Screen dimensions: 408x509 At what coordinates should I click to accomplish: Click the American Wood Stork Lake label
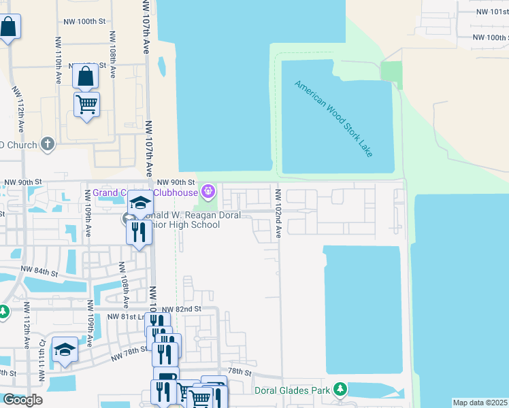click(x=333, y=118)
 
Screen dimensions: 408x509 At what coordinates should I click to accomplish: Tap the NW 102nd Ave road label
click(x=278, y=214)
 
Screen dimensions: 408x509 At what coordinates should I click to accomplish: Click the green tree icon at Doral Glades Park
click(x=340, y=390)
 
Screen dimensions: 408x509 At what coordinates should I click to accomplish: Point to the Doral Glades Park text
click(x=293, y=391)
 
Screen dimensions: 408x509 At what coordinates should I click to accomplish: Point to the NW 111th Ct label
click(x=42, y=352)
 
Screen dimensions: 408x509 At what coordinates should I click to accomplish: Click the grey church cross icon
click(x=47, y=143)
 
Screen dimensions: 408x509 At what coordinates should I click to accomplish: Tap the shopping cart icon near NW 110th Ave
click(x=86, y=105)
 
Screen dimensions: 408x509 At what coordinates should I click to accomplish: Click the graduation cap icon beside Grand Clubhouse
click(x=140, y=202)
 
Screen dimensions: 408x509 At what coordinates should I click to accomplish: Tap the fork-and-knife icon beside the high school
click(x=139, y=232)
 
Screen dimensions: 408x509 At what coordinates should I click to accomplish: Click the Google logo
click(x=22, y=400)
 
